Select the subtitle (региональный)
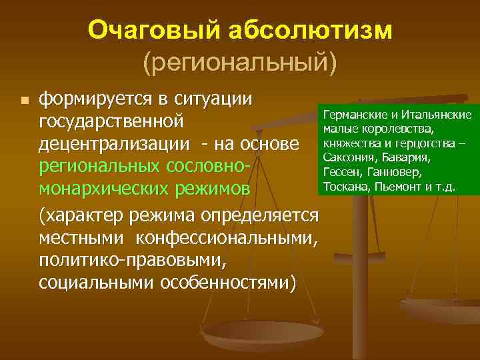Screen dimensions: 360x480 240,62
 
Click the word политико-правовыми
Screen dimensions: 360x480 134,259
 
